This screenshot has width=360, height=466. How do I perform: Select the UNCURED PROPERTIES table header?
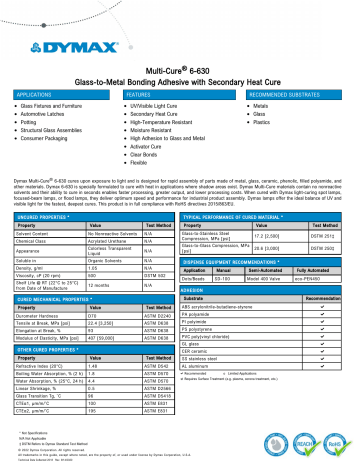(x=46, y=187)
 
